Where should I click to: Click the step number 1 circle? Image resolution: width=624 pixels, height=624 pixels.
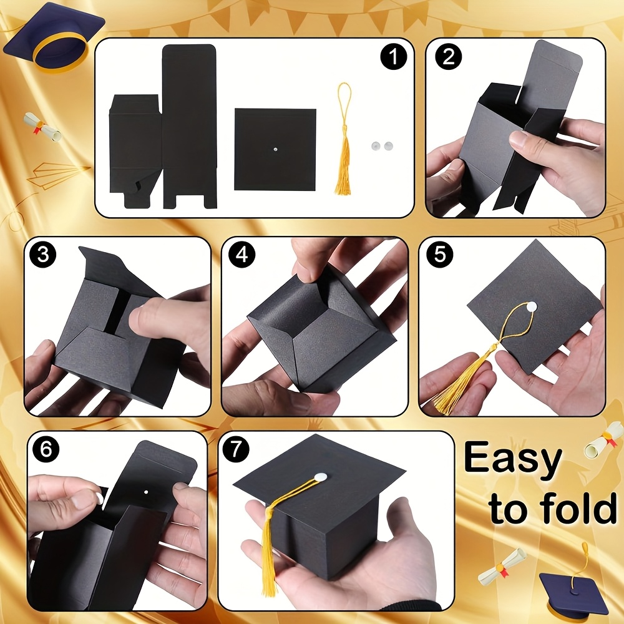pyautogui.click(x=394, y=57)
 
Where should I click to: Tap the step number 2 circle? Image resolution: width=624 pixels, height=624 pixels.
pyautogui.click(x=449, y=56)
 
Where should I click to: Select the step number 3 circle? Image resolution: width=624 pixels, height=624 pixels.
pyautogui.click(x=43, y=255)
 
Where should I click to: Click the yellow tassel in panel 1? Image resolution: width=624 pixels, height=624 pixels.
pyautogui.click(x=343, y=139)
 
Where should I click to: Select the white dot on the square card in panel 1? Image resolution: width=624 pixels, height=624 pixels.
pyautogui.click(x=275, y=150)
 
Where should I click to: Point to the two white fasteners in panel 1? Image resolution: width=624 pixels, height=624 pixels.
pyautogui.click(x=382, y=146)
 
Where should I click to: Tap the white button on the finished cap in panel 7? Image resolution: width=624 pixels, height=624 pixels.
pyautogui.click(x=319, y=476)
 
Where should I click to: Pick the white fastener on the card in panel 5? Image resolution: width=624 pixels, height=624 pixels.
pyautogui.click(x=532, y=306)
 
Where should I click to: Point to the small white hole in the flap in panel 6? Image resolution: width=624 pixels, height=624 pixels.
pyautogui.click(x=146, y=492)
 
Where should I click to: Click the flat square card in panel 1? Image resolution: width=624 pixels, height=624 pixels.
pyautogui.click(x=275, y=149)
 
